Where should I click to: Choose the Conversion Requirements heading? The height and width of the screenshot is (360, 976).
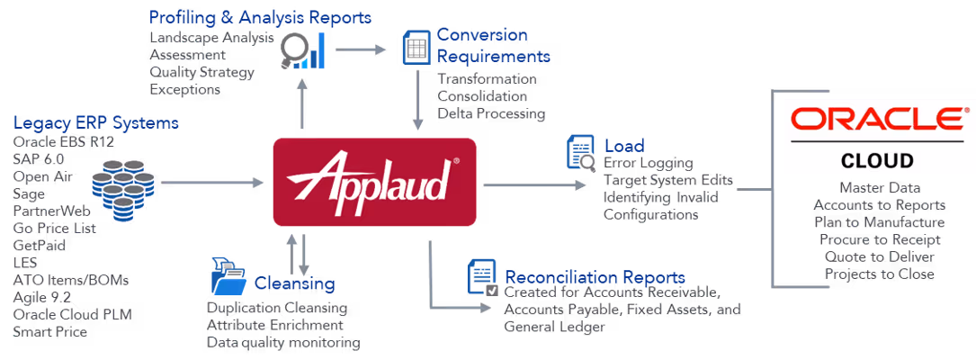click(493, 46)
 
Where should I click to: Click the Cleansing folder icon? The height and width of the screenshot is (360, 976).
click(229, 275)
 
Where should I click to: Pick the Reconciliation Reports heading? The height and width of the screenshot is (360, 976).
click(595, 277)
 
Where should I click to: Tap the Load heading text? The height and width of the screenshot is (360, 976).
click(623, 145)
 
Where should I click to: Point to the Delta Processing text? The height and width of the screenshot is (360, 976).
click(491, 114)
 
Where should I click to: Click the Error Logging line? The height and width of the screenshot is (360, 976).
click(648, 163)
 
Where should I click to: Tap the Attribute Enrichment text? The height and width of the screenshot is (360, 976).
click(274, 325)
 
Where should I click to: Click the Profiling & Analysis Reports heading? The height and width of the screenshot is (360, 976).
click(260, 18)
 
